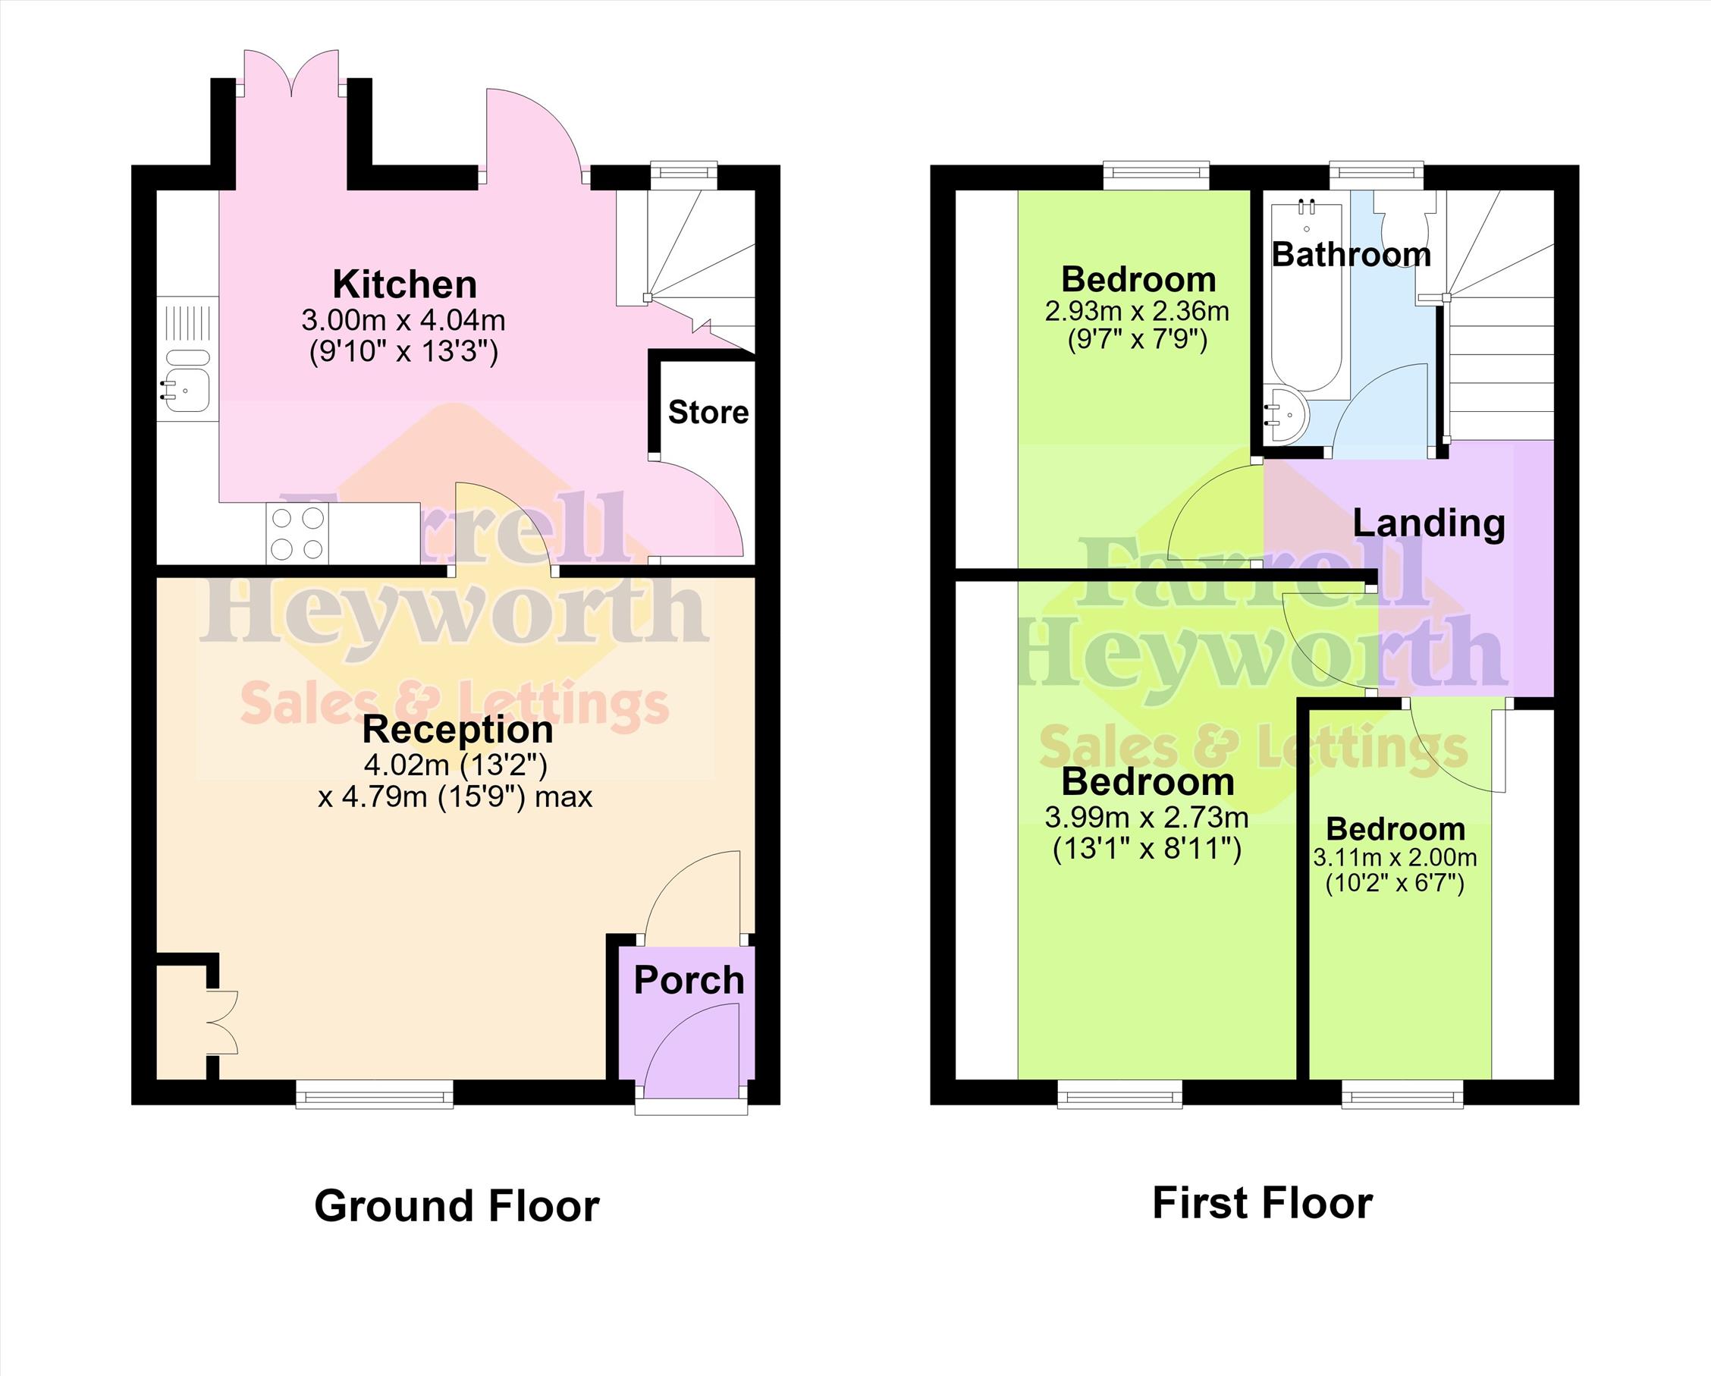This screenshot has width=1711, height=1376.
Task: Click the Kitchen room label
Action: [x=404, y=285]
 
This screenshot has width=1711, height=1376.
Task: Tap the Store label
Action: [x=708, y=413]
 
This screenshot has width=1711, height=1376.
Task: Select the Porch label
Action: [x=689, y=982]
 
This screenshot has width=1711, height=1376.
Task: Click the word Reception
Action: [x=458, y=730]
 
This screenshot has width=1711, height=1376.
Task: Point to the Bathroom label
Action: [x=1352, y=255]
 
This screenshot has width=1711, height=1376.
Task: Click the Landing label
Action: [x=1428, y=523]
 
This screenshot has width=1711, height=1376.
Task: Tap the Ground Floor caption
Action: [x=457, y=1207]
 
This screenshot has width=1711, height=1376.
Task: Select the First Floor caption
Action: [x=1262, y=1204]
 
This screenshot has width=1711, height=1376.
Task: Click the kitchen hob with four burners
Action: [x=297, y=532]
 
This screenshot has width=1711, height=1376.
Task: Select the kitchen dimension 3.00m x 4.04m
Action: [x=403, y=321]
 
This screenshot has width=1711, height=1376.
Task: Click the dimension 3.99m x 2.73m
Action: [x=1147, y=818]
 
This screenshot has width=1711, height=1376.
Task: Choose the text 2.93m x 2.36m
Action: [x=1137, y=311]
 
